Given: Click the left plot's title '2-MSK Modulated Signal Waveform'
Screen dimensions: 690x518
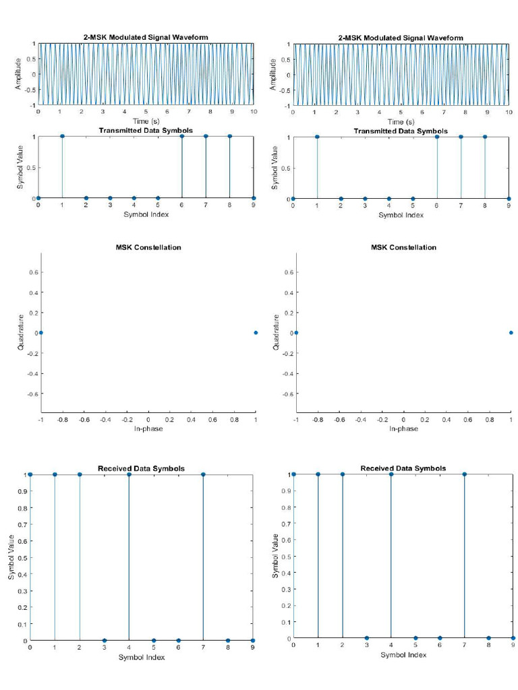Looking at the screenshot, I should tap(146, 38).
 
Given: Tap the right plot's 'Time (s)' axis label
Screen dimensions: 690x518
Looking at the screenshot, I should tap(401, 121).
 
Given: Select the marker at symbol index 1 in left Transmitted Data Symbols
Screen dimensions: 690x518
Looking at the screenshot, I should tap(62, 136).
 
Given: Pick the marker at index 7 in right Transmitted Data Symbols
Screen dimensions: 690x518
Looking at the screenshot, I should tap(461, 137).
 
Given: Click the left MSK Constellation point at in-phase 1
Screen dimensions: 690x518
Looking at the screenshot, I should tap(256, 333).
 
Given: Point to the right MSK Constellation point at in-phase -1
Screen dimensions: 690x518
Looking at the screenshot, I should tap(296, 333).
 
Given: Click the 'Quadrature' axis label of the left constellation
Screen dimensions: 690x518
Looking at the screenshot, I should tap(20, 332).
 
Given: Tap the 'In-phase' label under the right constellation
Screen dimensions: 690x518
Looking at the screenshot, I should tap(403, 429).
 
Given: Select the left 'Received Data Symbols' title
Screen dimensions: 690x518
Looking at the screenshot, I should tap(141, 468).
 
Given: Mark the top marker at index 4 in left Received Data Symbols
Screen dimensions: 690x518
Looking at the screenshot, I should tap(129, 474).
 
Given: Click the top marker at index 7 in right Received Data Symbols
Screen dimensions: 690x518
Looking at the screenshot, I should tap(465, 474).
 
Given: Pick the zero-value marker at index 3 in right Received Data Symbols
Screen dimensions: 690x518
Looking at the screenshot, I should tap(366, 637).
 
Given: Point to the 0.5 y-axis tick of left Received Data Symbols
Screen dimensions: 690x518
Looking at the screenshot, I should tap(22, 557).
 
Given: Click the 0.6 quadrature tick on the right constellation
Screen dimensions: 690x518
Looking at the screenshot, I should tap(286, 272).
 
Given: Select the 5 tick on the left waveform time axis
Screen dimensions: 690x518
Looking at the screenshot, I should tap(146, 112).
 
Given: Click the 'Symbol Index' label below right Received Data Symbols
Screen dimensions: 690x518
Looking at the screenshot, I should tap(403, 654).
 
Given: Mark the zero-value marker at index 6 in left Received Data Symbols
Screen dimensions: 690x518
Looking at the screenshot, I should tap(178, 640).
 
